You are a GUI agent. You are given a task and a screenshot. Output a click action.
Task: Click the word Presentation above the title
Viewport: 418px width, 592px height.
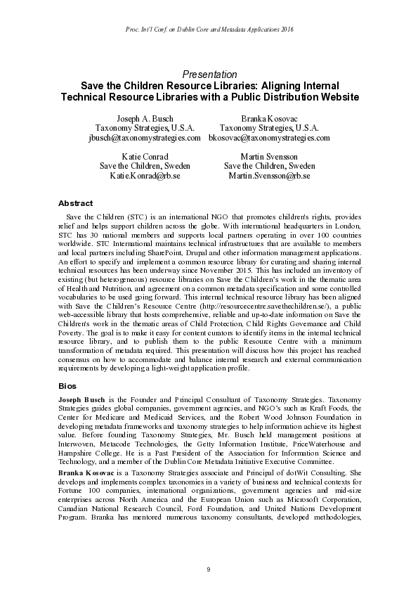[x=209, y=74]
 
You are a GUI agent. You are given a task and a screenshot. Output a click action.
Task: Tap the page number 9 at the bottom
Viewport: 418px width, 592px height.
[x=209, y=569]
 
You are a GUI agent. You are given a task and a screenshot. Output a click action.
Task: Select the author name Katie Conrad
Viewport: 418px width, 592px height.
[x=145, y=155]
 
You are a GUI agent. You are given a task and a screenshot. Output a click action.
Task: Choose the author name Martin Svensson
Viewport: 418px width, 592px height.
[x=269, y=155]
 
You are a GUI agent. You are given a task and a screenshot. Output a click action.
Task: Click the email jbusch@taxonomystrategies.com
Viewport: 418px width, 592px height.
[x=144, y=138]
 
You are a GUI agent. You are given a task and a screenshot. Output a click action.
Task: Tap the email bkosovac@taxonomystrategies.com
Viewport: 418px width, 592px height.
[x=269, y=138]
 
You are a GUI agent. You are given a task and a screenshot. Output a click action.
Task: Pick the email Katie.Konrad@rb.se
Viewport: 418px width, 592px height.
[x=145, y=175]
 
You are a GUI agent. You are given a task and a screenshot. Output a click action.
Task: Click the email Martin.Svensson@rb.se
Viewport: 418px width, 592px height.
[x=269, y=175]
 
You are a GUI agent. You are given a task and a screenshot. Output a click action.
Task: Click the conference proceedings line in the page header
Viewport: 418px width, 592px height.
[x=209, y=29]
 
